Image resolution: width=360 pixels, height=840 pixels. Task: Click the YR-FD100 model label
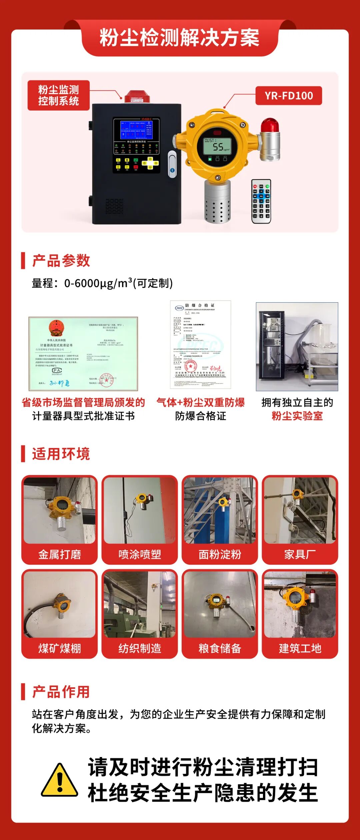(289, 96)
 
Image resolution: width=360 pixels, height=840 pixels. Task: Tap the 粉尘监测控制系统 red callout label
(59, 95)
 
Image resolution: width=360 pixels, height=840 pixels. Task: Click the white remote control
(261, 201)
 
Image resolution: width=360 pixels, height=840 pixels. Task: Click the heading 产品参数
(61, 261)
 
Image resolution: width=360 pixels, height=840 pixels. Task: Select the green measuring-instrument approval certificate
(83, 354)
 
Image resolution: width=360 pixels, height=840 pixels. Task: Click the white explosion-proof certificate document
(200, 344)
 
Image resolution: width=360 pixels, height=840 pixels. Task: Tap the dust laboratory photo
(297, 347)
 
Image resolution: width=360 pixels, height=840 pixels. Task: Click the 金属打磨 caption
(60, 554)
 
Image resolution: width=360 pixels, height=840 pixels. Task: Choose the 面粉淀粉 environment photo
(220, 510)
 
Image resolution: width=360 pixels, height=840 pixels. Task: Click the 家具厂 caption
(300, 554)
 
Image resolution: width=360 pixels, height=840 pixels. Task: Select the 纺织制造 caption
(140, 648)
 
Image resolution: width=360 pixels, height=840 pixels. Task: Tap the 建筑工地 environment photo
(300, 604)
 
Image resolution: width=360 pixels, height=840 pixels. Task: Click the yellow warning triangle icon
(60, 780)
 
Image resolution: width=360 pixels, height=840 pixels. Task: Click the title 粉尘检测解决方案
(180, 38)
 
